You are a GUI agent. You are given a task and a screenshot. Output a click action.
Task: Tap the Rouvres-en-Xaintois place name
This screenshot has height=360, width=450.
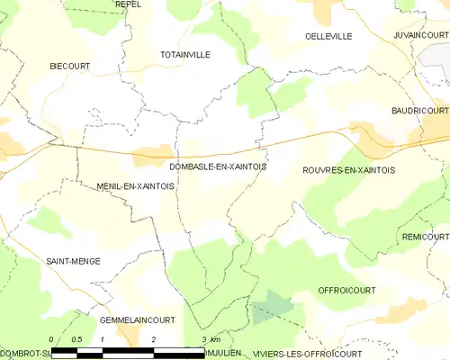coord(349,170)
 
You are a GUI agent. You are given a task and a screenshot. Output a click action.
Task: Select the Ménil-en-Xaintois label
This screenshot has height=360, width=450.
coord(135,185)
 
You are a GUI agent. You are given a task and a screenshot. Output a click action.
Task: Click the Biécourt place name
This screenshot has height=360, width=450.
coord(70,67)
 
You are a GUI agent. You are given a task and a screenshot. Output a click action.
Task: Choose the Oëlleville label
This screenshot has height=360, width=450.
coord(328,36)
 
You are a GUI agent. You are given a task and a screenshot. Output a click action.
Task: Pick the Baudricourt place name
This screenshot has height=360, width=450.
coord(419,110)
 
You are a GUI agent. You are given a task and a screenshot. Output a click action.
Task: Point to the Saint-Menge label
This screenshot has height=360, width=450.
coord(73,261)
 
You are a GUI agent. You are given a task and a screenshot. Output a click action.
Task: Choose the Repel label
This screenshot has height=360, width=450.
coord(128,4)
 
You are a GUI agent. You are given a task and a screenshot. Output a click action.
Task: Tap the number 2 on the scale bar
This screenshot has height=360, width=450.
coord(154,339)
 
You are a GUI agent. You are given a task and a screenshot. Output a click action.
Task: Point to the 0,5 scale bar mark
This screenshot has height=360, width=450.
coord(76,339)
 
